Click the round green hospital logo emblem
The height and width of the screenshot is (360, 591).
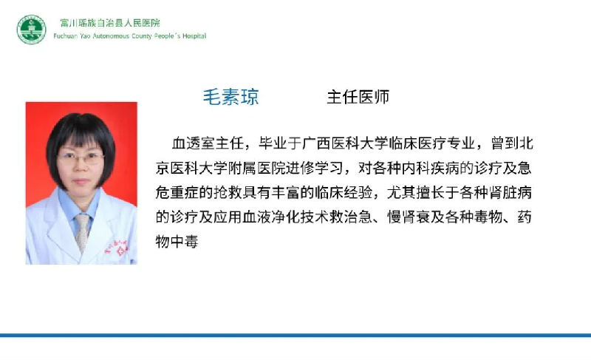click(x=31, y=30)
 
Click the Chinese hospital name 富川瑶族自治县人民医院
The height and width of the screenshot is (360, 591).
click(x=110, y=23)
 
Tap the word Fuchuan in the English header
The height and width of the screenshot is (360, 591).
click(x=66, y=36)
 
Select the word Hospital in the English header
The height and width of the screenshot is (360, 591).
click(x=194, y=36)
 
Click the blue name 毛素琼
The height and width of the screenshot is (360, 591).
click(x=231, y=97)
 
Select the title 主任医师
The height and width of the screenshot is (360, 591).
click(x=358, y=97)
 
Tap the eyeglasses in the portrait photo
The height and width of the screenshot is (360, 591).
click(x=81, y=157)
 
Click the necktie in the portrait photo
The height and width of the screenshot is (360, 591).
click(x=83, y=232)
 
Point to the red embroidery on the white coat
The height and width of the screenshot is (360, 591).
click(x=117, y=248)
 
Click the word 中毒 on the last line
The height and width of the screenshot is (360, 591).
click(x=184, y=241)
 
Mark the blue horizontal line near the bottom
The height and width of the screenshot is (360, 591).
click(x=295, y=335)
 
